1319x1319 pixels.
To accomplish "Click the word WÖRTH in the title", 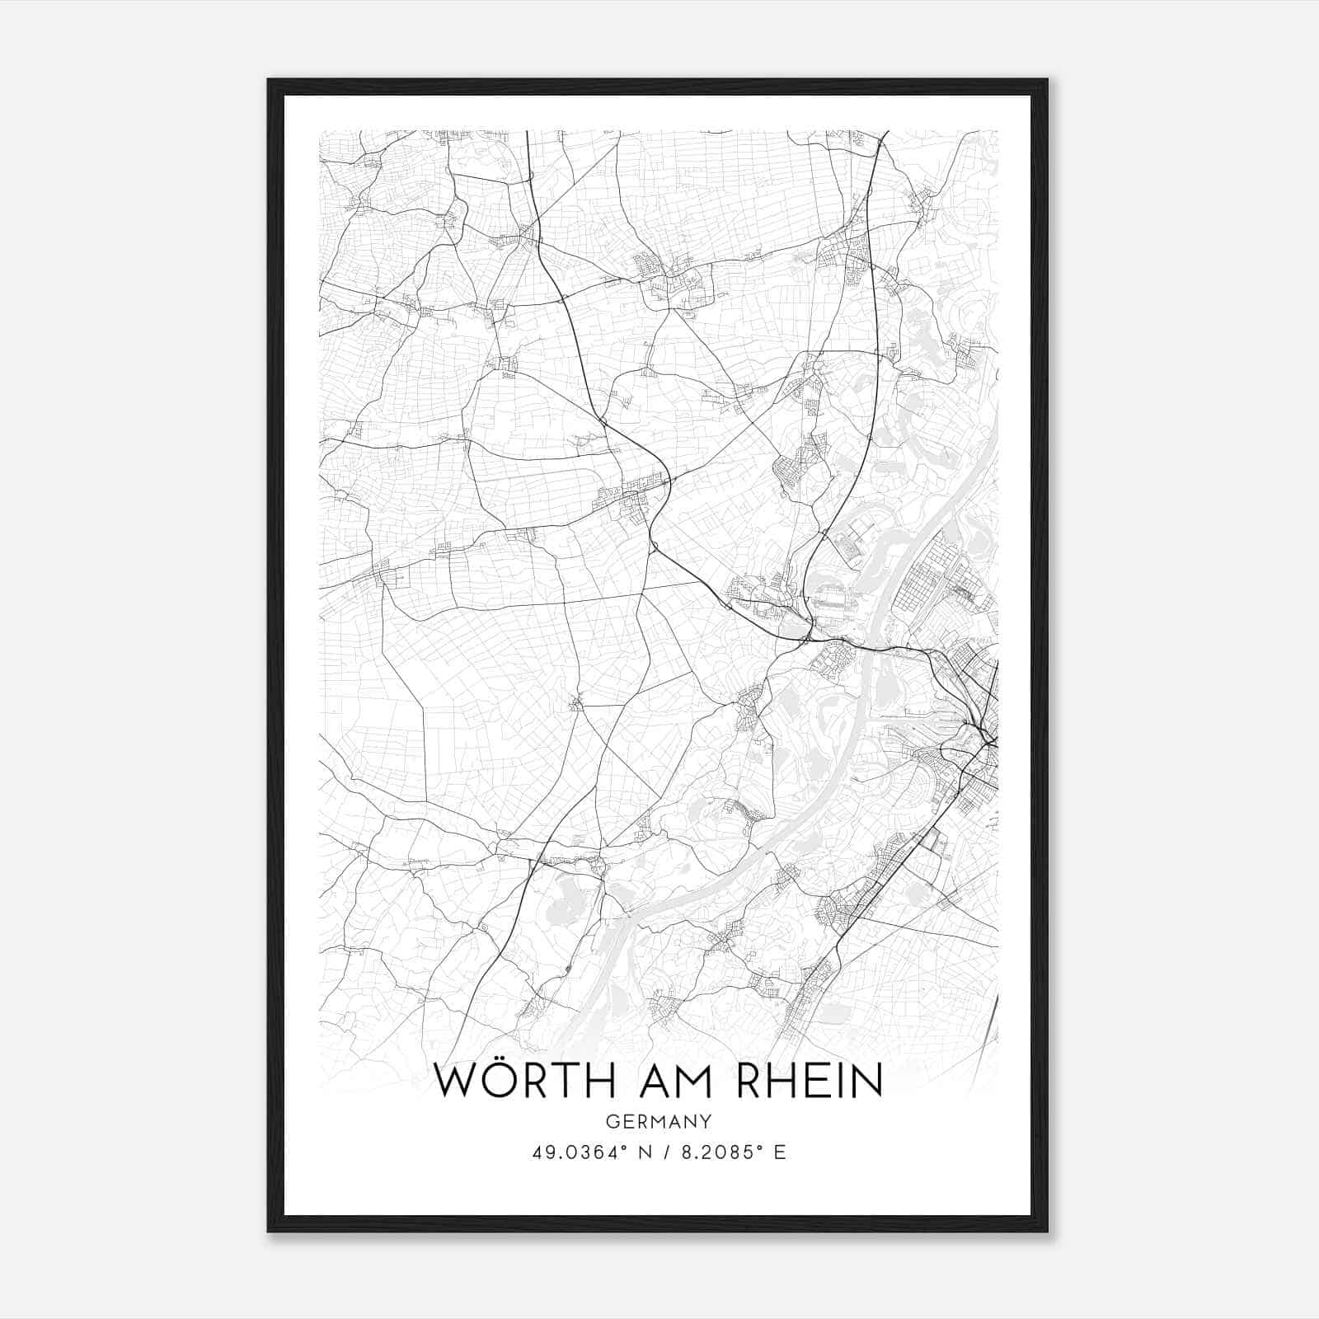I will tap(521, 1082).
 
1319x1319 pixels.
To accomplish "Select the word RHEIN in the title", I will tap(810, 1082).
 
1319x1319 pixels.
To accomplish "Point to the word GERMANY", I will tap(658, 1121).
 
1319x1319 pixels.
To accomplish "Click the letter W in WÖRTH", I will tap(454, 1082).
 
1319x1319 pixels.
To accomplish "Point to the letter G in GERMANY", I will tap(612, 1121).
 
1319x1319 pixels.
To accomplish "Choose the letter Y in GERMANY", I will tap(706, 1121).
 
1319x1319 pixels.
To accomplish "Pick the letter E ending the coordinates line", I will tap(780, 1152).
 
